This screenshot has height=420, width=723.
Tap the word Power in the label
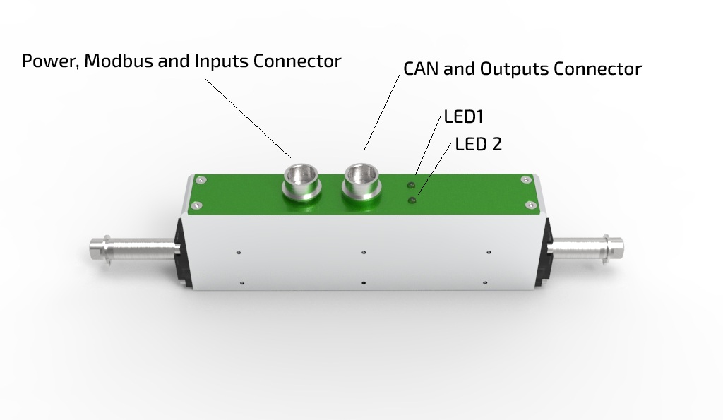coord(49,61)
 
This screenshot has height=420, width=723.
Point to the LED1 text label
coord(463,116)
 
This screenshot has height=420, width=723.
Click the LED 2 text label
coord(478,145)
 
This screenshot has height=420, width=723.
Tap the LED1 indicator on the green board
coord(410,185)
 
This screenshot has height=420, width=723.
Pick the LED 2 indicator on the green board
coord(412,201)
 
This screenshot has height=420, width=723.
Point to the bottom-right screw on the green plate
coord(530,205)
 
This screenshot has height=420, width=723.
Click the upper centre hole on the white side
coord(363,251)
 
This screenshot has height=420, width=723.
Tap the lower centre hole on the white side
coord(363,283)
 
